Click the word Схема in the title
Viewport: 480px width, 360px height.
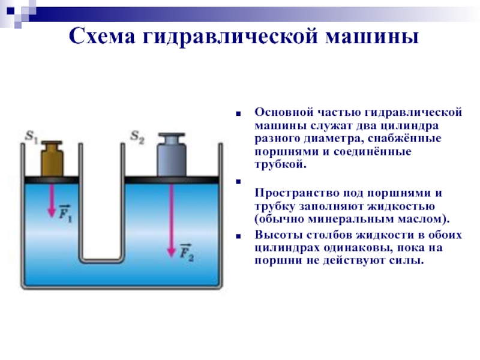102,36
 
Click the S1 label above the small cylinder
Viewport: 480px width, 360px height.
32,136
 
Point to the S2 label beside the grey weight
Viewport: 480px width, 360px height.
137,137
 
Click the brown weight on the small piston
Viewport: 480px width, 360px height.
52,159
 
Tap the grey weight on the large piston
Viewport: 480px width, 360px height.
172,155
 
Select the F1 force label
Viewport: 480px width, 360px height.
65,213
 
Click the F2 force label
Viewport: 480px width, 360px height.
186,253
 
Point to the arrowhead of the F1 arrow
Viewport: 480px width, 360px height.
52,213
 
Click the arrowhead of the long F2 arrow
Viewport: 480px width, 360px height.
171,253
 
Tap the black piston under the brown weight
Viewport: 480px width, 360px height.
52,180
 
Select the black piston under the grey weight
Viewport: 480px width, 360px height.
172,180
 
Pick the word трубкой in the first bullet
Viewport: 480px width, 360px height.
280,164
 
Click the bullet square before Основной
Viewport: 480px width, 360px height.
238,114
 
